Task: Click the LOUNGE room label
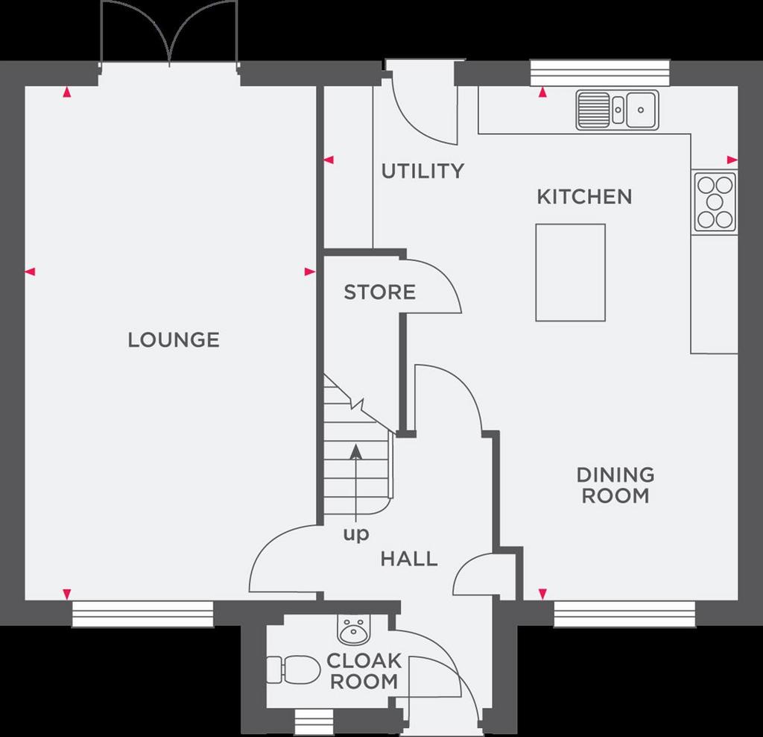[x=174, y=340]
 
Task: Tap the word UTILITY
[x=422, y=171]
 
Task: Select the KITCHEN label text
[x=584, y=197]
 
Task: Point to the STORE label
[x=379, y=292]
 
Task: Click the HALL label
[x=409, y=559]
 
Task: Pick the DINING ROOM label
[x=615, y=485]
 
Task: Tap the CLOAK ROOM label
[x=364, y=671]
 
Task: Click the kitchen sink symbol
[x=617, y=110]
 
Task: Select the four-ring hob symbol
[x=715, y=202]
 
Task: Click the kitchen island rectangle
[x=570, y=272]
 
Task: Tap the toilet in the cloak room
[x=294, y=669]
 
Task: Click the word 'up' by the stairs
[x=356, y=534]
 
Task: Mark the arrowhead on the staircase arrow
[x=357, y=451]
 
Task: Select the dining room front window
[x=624, y=614]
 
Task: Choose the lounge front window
[x=142, y=614]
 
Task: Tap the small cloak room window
[x=314, y=722]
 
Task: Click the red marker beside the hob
[x=732, y=160]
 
